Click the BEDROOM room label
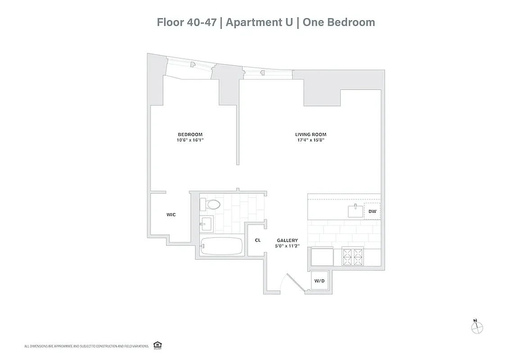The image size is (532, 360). pos(190,134)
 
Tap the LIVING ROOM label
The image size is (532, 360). pos(311,134)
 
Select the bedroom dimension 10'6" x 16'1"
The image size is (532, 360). pos(190,140)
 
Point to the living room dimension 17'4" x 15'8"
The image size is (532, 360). pos(311,140)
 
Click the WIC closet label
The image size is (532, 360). pos(171,215)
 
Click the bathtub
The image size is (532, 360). pos(221,246)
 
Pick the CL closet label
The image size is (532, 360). pos(257,240)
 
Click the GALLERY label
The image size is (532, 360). pos(287,240)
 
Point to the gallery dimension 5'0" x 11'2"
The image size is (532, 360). pos(287,246)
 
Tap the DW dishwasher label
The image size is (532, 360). pos(372,211)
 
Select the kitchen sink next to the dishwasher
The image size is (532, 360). pos(356,211)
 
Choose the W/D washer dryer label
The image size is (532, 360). pos(319,281)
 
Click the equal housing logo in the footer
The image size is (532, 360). pos(157,345)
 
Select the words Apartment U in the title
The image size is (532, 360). pos(255,22)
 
